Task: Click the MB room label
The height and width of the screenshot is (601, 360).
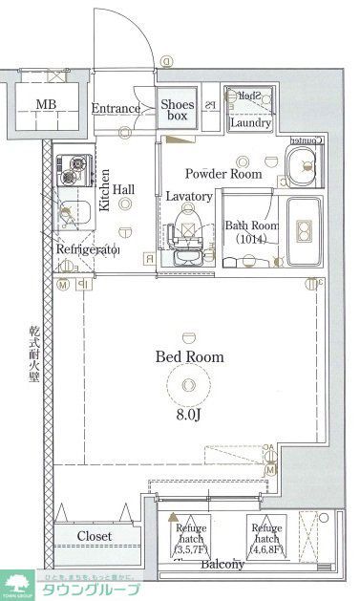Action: coord(45,105)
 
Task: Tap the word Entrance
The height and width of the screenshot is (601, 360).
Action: coord(116,109)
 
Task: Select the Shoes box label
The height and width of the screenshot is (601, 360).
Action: coord(178,110)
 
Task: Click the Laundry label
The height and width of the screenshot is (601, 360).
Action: coord(251,122)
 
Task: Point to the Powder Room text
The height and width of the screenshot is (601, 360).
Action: coord(222,174)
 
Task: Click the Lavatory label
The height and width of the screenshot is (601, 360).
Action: coord(188,196)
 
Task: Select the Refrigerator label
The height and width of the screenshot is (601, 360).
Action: coord(87,249)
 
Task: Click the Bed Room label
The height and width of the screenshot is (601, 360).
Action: coord(189,356)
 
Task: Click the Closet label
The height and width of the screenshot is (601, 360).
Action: coord(95,536)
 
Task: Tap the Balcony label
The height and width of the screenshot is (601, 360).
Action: coord(222,565)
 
